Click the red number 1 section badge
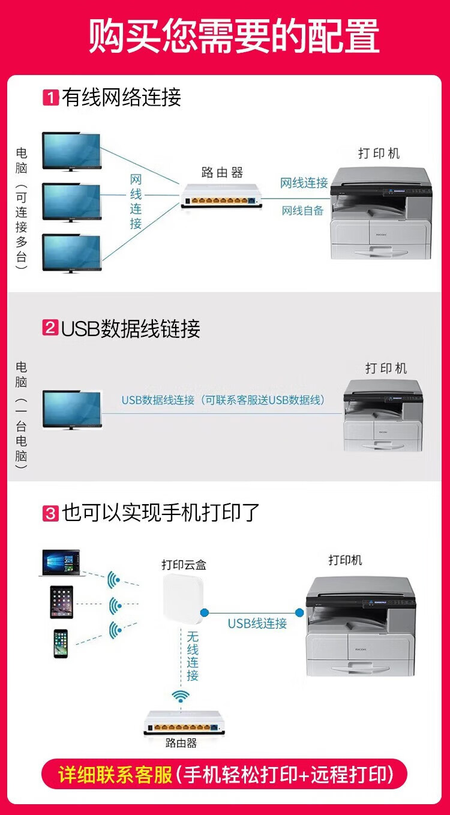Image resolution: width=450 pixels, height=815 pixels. (x=50, y=97)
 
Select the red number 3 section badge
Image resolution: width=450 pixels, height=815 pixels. (x=50, y=513)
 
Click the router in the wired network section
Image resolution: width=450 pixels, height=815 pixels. (x=221, y=196)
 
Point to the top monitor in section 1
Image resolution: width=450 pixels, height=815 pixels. (x=71, y=151)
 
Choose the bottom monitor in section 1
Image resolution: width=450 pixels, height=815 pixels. (x=71, y=253)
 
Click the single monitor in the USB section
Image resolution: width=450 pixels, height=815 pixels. (x=72, y=410)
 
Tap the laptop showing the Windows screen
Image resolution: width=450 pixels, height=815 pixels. (x=61, y=563)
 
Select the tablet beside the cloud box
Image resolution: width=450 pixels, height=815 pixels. (x=61, y=602)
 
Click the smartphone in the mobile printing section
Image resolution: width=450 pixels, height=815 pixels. (x=61, y=643)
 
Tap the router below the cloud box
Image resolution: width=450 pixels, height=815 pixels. (x=184, y=723)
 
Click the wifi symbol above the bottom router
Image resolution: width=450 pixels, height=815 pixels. (x=181, y=696)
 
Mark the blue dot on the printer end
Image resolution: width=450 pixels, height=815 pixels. (x=299, y=612)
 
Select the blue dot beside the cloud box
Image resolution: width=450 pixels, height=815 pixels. (x=205, y=612)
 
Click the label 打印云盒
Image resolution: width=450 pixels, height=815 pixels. (x=184, y=565)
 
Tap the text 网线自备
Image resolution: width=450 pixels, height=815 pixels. (x=302, y=210)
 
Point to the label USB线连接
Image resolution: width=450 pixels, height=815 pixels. (x=257, y=624)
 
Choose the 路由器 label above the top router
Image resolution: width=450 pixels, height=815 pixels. (x=222, y=172)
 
